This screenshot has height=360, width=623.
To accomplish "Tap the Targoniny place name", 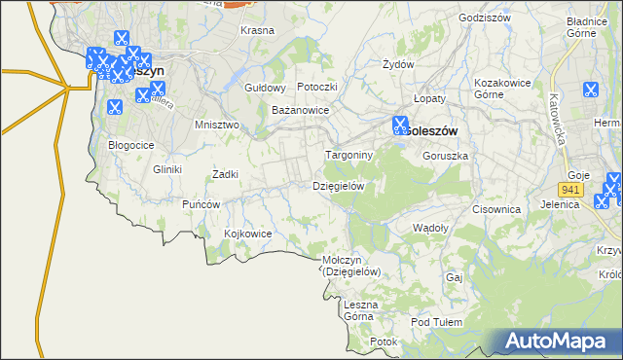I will click(348, 155).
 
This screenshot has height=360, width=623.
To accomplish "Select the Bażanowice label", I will click(300, 111).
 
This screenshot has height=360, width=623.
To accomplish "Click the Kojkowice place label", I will click(247, 234).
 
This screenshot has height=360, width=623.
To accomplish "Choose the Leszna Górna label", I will click(359, 310).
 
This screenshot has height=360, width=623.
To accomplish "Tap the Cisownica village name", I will click(496, 209).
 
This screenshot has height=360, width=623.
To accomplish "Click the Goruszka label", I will click(448, 156).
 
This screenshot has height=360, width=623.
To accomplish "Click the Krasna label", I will click(257, 30).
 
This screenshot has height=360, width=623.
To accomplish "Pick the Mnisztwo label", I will click(217, 126).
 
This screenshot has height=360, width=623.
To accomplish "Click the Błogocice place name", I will click(131, 145).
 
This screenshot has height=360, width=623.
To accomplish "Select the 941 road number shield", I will click(571, 189).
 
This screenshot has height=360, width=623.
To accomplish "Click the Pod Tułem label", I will click(434, 322).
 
